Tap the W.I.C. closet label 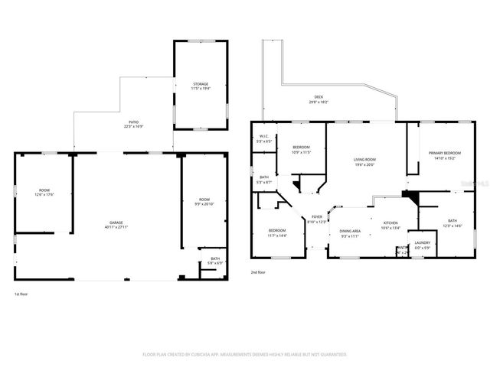point(263,138)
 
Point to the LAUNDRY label point(423,245)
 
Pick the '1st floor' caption point(21,294)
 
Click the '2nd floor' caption point(258,272)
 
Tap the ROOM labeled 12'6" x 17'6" point(43,192)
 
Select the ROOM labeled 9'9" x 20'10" point(203,201)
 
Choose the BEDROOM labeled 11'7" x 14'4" point(277,232)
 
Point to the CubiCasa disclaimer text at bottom point(245,354)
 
